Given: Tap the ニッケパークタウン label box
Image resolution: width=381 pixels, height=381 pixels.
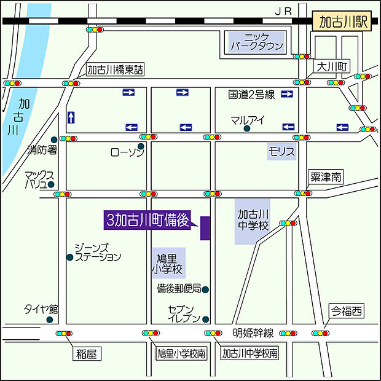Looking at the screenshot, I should [x=257, y=41].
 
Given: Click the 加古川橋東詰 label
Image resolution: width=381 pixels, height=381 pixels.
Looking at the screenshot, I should [x=115, y=70].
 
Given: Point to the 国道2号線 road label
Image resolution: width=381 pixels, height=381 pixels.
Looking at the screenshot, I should [x=251, y=94].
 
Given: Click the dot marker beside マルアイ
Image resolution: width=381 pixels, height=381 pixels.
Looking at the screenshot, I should [x=247, y=129].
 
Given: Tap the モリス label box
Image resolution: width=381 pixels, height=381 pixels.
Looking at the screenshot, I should [x=281, y=151].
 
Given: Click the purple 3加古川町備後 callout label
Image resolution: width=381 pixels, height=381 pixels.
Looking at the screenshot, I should [x=148, y=220].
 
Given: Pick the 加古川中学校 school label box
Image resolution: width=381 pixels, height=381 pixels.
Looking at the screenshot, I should [x=253, y=220].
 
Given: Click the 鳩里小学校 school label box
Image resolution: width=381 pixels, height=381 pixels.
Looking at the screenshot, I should [x=168, y=263].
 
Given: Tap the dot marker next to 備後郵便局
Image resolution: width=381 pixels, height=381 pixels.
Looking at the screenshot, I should [x=206, y=289].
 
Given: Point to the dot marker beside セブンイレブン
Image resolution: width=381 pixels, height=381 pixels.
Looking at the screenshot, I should [x=206, y=319].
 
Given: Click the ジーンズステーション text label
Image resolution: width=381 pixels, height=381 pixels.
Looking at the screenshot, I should [x=98, y=252].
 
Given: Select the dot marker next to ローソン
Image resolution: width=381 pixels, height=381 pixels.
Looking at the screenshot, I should [x=141, y=146].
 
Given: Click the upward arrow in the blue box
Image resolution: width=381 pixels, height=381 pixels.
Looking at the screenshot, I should [x=71, y=117].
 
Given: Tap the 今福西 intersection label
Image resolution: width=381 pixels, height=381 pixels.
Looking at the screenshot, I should [x=346, y=312].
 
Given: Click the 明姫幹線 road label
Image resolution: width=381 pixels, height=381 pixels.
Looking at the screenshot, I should [x=252, y=333].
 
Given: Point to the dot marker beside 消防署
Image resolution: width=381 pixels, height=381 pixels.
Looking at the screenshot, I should [x=54, y=140].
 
